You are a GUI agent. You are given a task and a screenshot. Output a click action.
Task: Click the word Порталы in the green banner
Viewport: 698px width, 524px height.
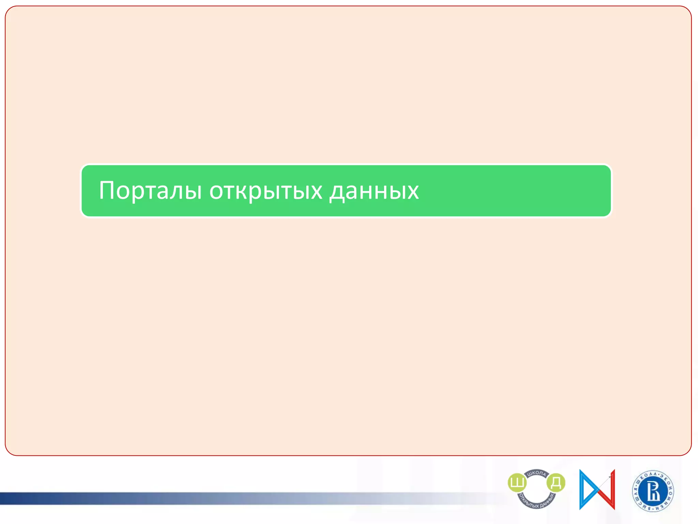(x=150, y=190)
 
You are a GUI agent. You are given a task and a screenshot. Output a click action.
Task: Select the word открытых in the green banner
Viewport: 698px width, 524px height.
(x=265, y=190)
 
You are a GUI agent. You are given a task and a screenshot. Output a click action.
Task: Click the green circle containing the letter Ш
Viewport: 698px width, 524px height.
(x=517, y=482)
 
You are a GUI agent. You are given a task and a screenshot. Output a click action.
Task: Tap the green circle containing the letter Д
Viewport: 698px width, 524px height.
(x=556, y=482)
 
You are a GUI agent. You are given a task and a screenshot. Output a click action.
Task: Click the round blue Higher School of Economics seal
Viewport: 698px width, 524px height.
(x=653, y=491)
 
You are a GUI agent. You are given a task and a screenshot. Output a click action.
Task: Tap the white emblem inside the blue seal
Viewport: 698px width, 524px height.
(x=653, y=491)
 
